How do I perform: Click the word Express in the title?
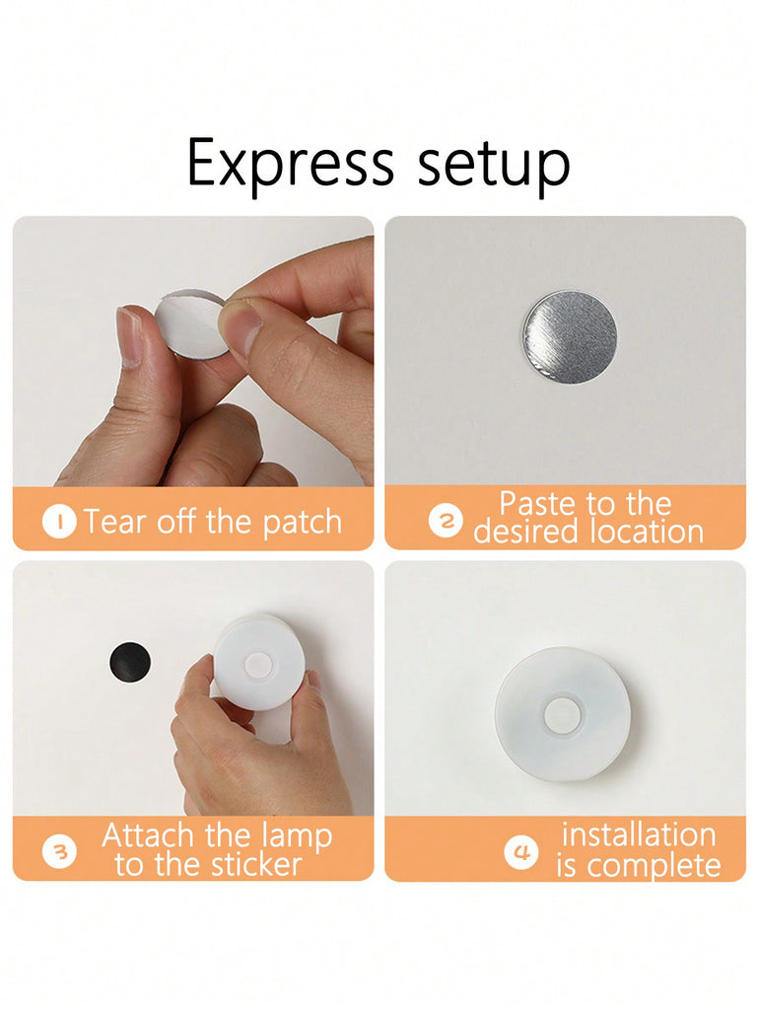click(x=290, y=165)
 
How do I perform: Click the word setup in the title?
click(x=494, y=166)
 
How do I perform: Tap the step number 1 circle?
click(x=59, y=522)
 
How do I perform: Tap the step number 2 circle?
click(x=446, y=520)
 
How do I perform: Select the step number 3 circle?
click(x=59, y=851)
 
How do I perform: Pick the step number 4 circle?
click(x=520, y=851)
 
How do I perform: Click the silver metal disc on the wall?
click(x=570, y=337)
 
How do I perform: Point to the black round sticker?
click(x=130, y=662)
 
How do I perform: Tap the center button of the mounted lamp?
click(x=562, y=716)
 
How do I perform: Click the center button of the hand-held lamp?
click(x=258, y=665)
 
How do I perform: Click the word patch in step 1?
click(x=303, y=523)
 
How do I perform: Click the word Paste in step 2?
click(x=539, y=504)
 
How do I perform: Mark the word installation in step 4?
click(x=639, y=834)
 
